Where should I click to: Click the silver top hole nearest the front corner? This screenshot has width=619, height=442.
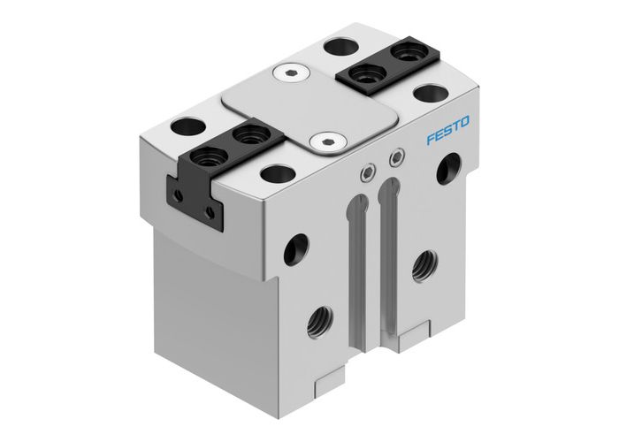[x=277, y=173]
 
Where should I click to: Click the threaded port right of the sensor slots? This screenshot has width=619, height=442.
[x=423, y=262]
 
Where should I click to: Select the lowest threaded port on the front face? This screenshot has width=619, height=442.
[x=317, y=320]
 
